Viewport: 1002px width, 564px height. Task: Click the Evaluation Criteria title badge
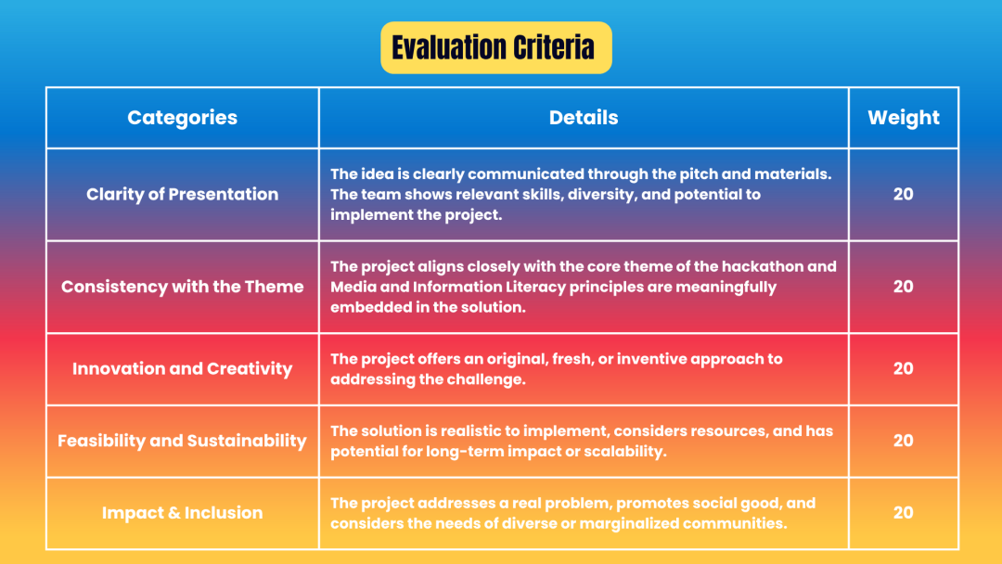(495, 48)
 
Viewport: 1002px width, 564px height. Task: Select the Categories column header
(182, 118)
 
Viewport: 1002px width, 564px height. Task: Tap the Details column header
(584, 118)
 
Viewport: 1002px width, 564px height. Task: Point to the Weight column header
(903, 118)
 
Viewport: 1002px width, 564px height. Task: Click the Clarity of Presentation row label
(182, 194)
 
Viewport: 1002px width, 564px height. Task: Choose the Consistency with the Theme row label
(182, 286)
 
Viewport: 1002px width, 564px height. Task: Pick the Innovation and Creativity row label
(182, 368)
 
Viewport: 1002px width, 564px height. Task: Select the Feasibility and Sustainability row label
(182, 441)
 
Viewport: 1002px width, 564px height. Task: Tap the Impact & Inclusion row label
(182, 512)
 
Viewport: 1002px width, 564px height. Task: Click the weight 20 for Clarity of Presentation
(903, 194)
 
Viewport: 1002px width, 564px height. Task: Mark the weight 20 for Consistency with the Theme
(903, 286)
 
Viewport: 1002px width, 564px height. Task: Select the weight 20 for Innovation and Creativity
(903, 368)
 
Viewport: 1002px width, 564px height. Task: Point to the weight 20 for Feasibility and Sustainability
(903, 441)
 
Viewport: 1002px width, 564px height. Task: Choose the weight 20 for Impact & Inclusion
(903, 512)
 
